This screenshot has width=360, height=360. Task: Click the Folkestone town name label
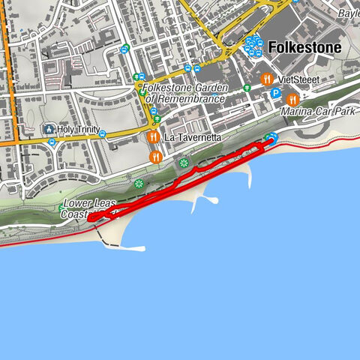304,48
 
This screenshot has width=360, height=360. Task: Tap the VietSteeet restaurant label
298,78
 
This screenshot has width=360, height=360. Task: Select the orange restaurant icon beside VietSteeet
265,78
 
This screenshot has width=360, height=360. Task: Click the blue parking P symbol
275,94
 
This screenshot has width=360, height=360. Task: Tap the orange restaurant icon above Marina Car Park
293,98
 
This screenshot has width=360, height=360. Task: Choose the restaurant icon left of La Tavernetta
153,137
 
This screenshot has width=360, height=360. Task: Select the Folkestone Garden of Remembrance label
184,93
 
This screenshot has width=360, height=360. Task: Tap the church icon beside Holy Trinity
49,128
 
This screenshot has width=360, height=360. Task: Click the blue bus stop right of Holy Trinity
103,134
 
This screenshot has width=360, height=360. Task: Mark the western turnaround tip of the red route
89,219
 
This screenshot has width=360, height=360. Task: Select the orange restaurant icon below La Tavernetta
155,157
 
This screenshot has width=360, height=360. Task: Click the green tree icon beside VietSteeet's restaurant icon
247,88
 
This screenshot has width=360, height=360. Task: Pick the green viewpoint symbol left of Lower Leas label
61,208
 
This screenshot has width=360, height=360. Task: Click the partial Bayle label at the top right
349,13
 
